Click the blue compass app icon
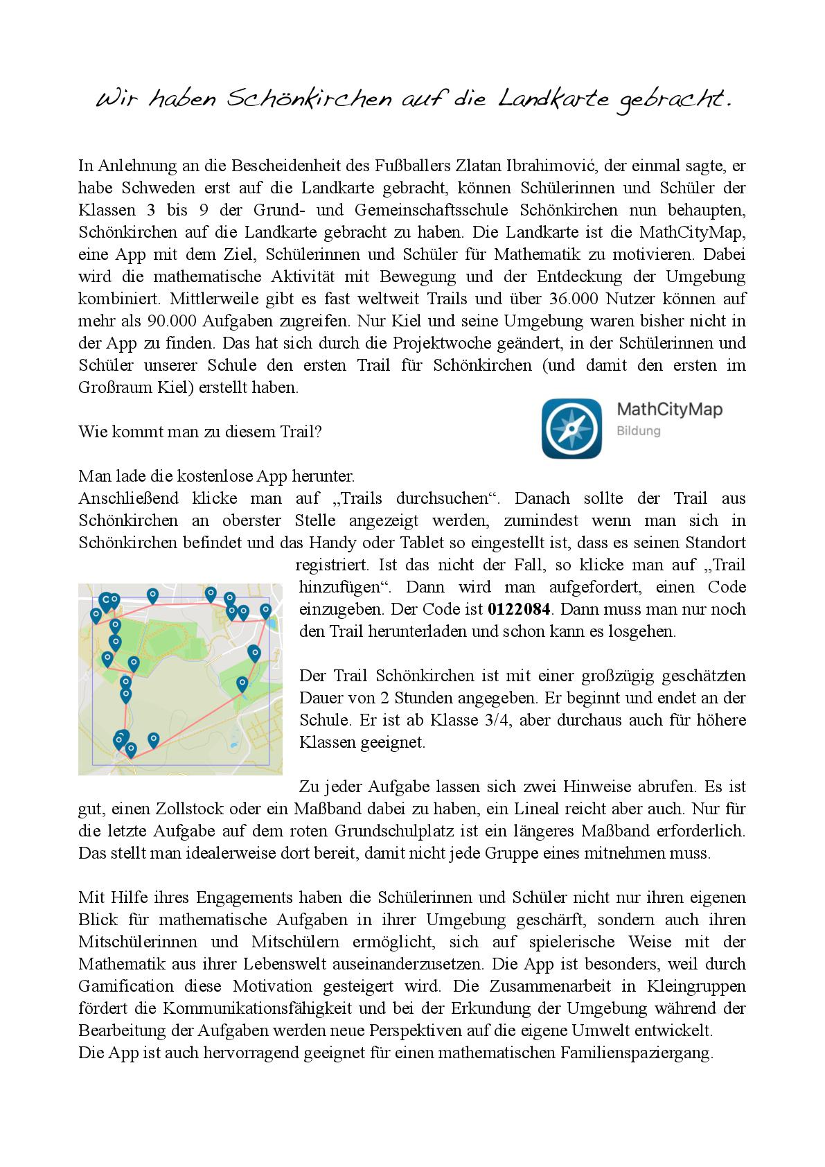click(571, 428)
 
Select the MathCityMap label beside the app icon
click(669, 410)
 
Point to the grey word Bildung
click(638, 431)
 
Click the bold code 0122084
click(520, 610)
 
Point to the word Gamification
click(126, 987)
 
